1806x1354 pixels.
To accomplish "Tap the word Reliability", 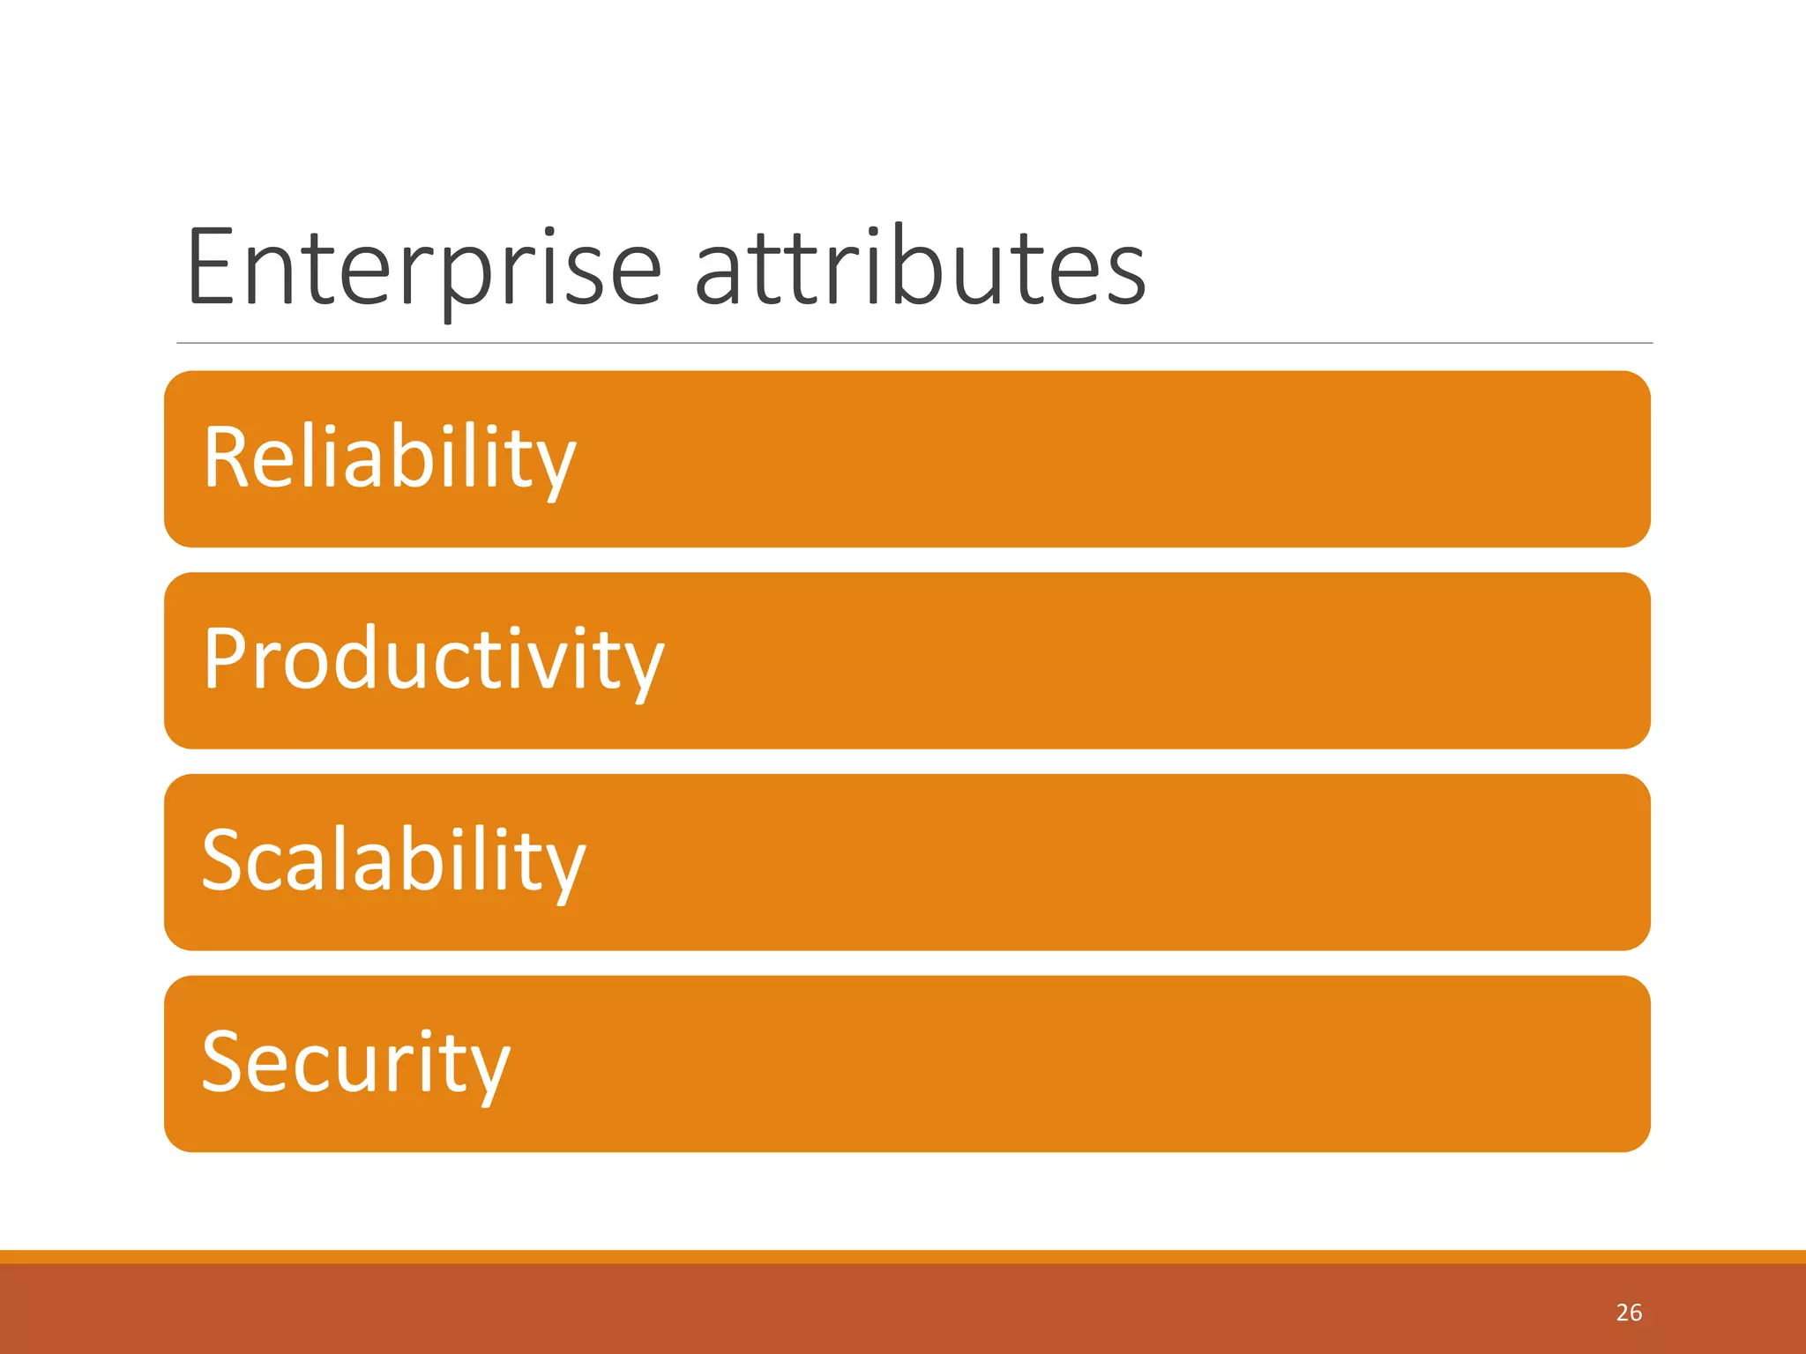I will pos(389,458).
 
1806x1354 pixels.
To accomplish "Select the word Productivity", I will pos(433,659).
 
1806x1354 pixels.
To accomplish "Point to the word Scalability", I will pos(393,861).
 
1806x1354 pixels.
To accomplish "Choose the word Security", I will pos(355,1063).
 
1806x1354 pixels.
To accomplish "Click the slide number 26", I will pos(1629,1313).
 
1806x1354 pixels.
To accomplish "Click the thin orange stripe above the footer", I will pos(903,1256).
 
